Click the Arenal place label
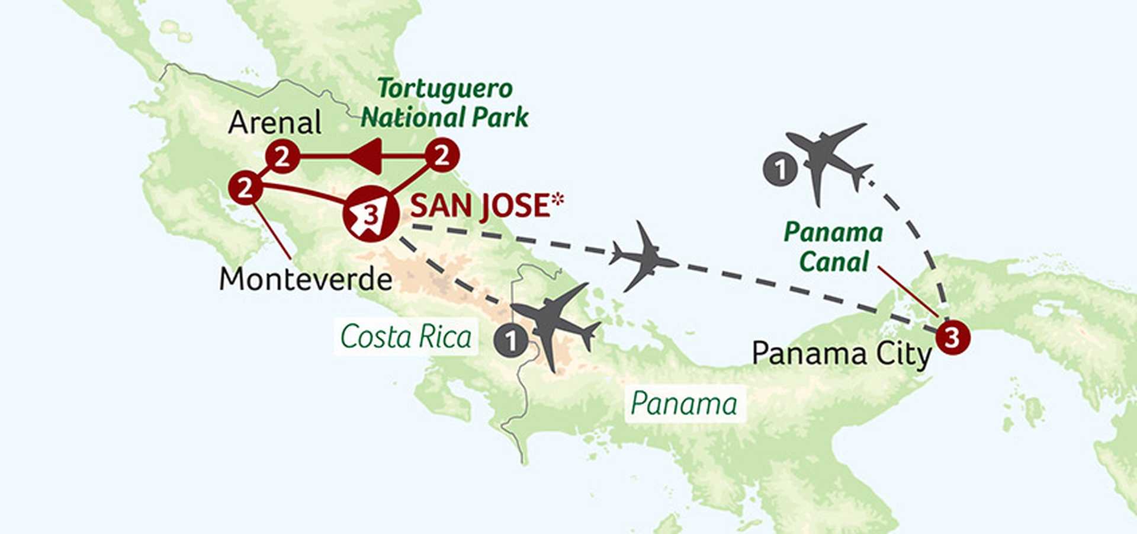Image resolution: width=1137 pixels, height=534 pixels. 275,123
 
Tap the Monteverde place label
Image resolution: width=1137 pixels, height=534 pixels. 306,279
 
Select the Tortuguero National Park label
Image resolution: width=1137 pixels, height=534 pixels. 445,103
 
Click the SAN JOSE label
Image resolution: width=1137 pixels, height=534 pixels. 479,206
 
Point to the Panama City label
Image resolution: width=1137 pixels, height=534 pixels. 841,354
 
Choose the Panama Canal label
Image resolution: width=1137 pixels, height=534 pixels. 833,247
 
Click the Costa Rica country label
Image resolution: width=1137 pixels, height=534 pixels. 406,337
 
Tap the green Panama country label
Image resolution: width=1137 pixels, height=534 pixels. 684,404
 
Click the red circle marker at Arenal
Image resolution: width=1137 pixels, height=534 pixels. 282,157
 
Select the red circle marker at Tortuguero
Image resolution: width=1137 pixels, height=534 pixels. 442,155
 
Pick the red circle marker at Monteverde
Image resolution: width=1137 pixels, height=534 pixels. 245,188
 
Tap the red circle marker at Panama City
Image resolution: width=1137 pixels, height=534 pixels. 952,338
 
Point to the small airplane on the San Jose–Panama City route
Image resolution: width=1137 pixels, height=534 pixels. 644,257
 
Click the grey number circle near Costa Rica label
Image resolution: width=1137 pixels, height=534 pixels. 511,341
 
